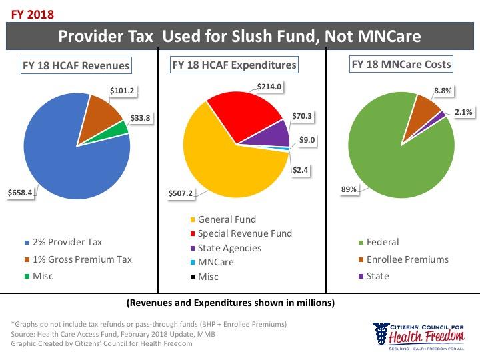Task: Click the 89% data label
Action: tap(349, 189)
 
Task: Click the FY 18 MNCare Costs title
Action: tap(401, 65)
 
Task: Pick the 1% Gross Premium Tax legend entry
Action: tap(73, 259)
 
